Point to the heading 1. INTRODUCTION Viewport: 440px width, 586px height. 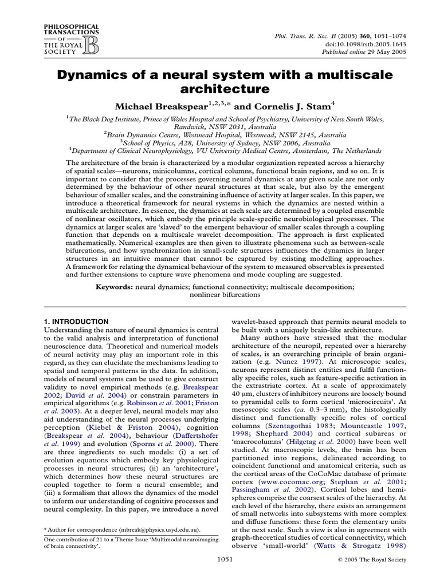(76, 322)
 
